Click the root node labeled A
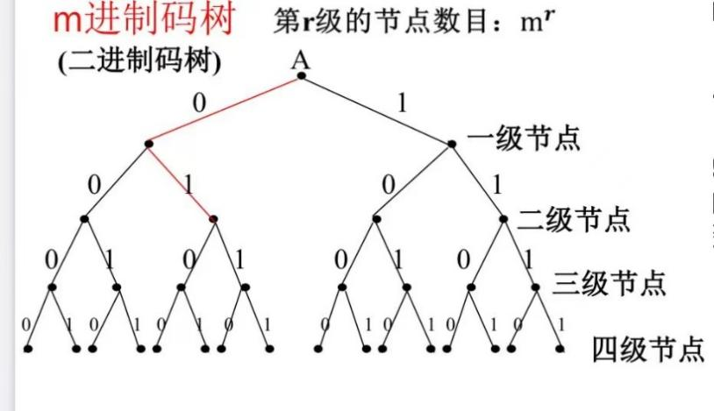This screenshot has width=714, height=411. [x=301, y=75]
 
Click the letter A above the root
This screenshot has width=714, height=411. [x=301, y=58]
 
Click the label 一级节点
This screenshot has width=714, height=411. [x=524, y=139]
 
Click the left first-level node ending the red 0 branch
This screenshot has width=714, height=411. [x=148, y=143]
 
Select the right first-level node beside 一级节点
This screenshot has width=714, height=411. [x=453, y=143]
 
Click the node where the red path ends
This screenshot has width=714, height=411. [x=213, y=218]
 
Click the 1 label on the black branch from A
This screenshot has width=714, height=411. [x=402, y=102]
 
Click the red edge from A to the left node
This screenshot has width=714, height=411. [x=225, y=110]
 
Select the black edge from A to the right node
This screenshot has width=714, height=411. [x=377, y=110]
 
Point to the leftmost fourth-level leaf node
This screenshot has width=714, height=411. [x=28, y=349]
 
